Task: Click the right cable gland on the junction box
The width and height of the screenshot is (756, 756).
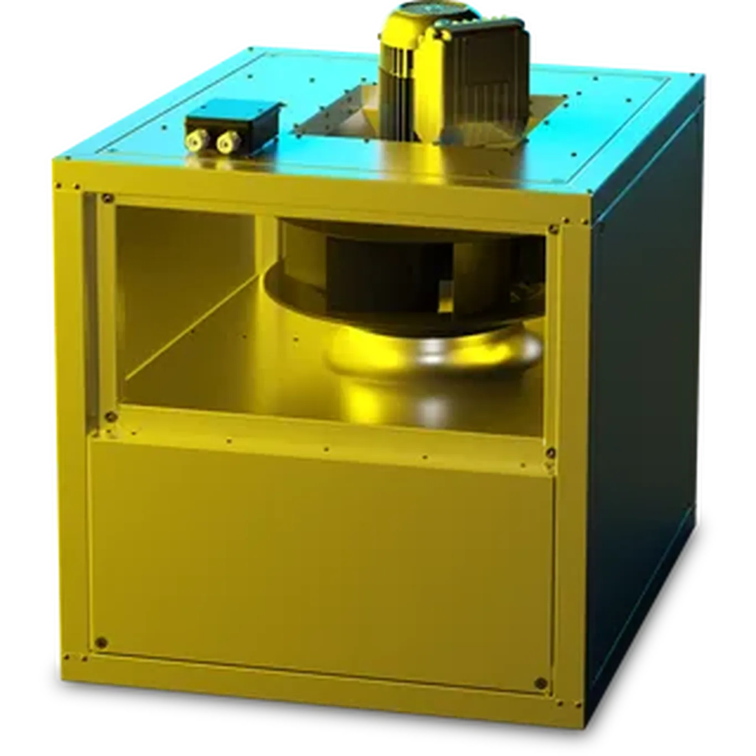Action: pos(225,143)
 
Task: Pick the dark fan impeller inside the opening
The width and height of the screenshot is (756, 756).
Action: pos(387,266)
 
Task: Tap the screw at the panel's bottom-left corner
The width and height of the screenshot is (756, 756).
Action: pos(100,643)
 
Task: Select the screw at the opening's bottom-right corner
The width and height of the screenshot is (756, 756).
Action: pos(550,453)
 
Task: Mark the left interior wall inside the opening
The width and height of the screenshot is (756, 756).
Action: pos(183,288)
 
